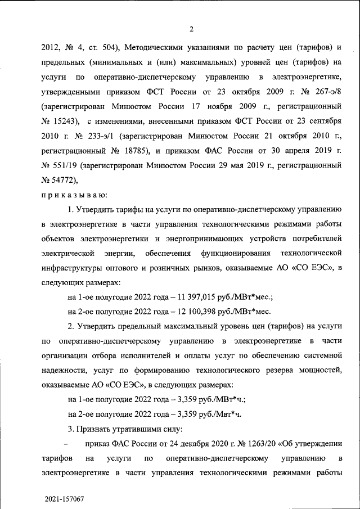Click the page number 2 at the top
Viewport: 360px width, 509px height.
pos(192,29)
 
